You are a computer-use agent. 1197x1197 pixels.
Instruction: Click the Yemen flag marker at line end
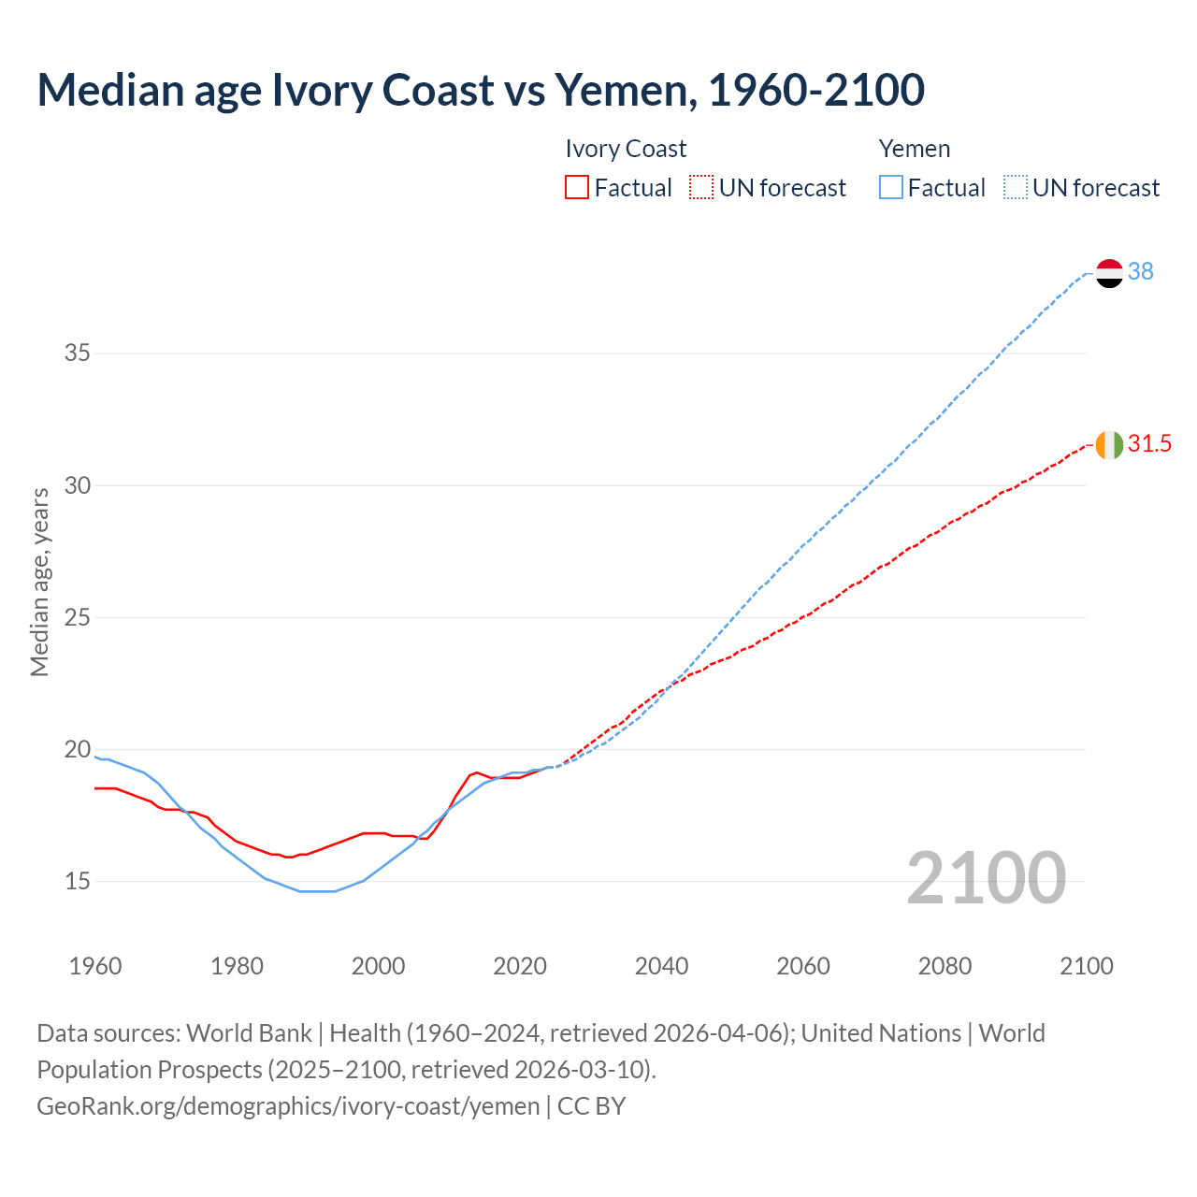[x=1109, y=273]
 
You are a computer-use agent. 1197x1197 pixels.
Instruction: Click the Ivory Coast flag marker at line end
[x=1109, y=445]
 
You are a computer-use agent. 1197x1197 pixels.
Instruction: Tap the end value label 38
[x=1140, y=271]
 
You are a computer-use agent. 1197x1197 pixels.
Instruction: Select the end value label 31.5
[x=1149, y=444]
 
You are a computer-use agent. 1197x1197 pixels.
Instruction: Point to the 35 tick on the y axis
[x=78, y=353]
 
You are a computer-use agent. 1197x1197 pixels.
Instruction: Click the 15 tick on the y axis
[x=78, y=881]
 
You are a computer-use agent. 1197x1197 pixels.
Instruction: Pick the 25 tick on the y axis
[x=78, y=617]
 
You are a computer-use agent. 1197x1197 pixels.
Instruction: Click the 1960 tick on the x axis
[x=95, y=966]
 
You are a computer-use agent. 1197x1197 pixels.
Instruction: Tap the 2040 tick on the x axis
[x=661, y=966]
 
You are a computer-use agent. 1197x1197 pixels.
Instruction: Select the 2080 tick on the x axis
[x=945, y=966]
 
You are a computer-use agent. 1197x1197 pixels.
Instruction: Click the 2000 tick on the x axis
[x=378, y=966]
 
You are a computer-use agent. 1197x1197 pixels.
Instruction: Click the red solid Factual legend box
[x=577, y=188]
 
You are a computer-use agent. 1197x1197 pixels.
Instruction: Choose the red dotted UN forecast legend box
[x=701, y=188]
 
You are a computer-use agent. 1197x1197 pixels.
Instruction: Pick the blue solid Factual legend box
[x=891, y=188]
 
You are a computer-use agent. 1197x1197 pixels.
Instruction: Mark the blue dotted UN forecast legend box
[x=1016, y=188]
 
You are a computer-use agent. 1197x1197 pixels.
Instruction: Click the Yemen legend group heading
[x=914, y=150]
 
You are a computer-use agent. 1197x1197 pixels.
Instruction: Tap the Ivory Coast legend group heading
[x=626, y=150]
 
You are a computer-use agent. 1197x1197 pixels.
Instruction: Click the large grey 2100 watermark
[x=986, y=877]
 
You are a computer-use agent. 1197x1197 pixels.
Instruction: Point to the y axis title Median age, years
[x=39, y=582]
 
